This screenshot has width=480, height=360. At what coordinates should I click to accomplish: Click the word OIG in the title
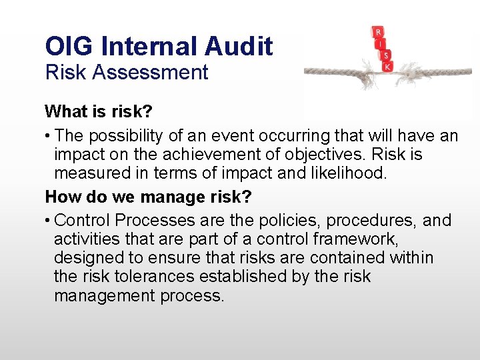pos(66,46)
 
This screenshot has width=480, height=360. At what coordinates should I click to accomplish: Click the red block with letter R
pos(379,32)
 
